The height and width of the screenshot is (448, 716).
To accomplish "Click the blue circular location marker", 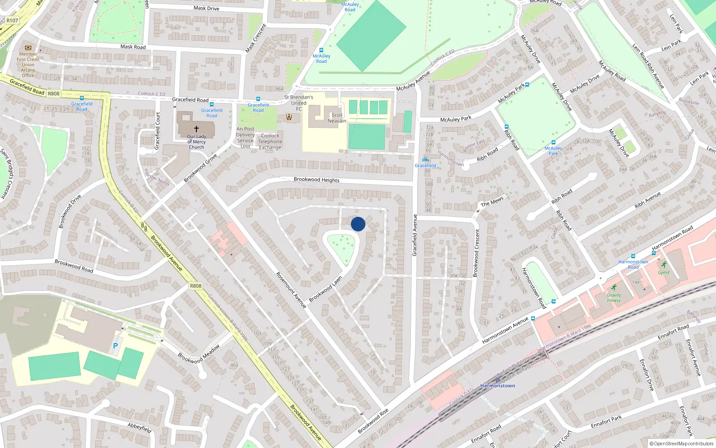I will tap(358, 224).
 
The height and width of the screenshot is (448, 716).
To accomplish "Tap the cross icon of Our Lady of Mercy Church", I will tap(196, 129).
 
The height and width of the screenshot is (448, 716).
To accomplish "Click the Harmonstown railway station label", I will tap(498, 386).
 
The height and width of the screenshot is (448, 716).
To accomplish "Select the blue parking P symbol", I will tap(115, 346).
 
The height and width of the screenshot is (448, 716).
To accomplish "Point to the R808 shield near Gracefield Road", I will tap(54, 94).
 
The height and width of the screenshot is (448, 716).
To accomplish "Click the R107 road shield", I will tap(12, 21).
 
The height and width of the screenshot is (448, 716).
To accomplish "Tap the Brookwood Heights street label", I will tap(316, 180).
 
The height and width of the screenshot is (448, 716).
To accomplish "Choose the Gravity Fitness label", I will tap(614, 297).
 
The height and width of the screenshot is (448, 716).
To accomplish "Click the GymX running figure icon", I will tap(664, 265).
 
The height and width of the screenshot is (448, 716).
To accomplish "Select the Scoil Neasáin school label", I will tap(337, 118).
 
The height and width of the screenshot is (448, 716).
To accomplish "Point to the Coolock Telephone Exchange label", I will tap(270, 142).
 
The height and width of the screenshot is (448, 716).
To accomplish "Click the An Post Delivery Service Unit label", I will tap(245, 138).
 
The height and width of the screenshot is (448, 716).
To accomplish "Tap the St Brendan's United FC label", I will tap(298, 103).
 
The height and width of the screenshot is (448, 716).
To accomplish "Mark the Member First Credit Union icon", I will tap(28, 47).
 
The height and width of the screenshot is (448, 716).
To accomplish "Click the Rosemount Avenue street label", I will tap(291, 290).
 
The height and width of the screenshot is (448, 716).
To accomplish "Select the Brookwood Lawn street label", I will tap(325, 289).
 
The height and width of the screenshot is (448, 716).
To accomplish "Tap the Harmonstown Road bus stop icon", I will tap(633, 256).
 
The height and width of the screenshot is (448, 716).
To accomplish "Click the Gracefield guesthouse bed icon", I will tap(425, 160).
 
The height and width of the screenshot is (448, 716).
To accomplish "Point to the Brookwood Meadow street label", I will tap(199, 354).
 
